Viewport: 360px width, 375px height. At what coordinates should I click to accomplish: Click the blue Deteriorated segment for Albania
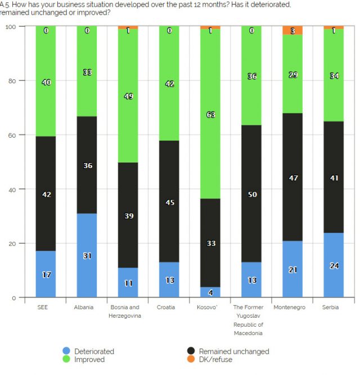87,255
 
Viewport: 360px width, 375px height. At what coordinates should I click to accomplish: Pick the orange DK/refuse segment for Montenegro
292,30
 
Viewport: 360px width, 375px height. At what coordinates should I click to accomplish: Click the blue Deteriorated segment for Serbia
334,265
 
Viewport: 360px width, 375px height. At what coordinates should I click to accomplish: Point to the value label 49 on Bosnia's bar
128,96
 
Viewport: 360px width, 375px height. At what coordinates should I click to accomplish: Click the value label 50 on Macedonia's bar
251,194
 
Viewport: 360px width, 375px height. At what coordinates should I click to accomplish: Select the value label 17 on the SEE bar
46,275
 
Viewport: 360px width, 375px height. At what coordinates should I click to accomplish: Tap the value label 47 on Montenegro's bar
292,178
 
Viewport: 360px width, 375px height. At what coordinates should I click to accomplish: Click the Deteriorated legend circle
67,351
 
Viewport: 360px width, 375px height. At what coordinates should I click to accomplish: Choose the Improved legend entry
90,359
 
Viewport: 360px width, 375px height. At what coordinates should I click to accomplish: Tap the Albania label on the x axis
87,307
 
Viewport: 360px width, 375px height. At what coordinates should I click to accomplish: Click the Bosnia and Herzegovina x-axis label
128,311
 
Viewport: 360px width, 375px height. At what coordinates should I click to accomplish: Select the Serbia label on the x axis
334,307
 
